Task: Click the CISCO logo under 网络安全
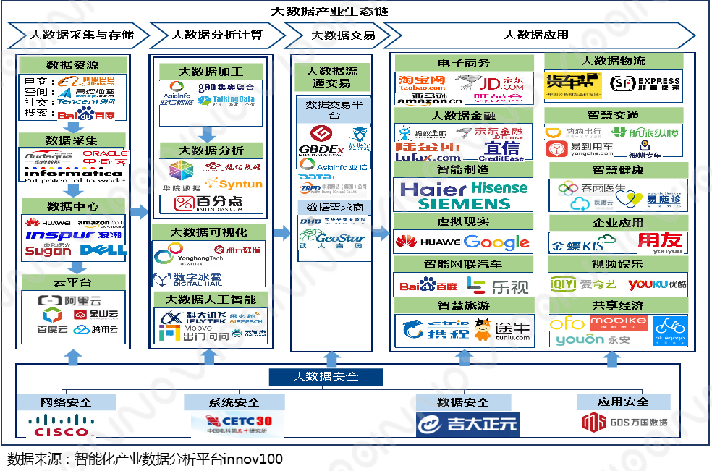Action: [62, 425]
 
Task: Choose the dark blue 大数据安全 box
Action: [325, 377]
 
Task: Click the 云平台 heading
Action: [70, 281]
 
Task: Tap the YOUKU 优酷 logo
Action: [657, 284]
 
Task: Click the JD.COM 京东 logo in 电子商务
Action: [501, 85]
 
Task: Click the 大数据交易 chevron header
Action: [334, 35]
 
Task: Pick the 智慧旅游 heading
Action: [464, 305]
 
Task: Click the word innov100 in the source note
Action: [253, 459]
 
